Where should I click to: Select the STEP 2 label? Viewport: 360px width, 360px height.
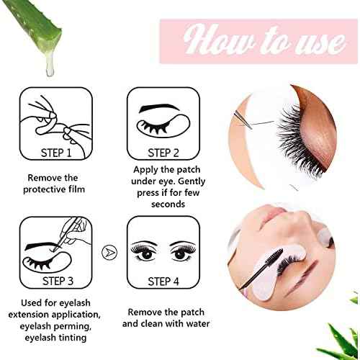pyautogui.click(x=163, y=152)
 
